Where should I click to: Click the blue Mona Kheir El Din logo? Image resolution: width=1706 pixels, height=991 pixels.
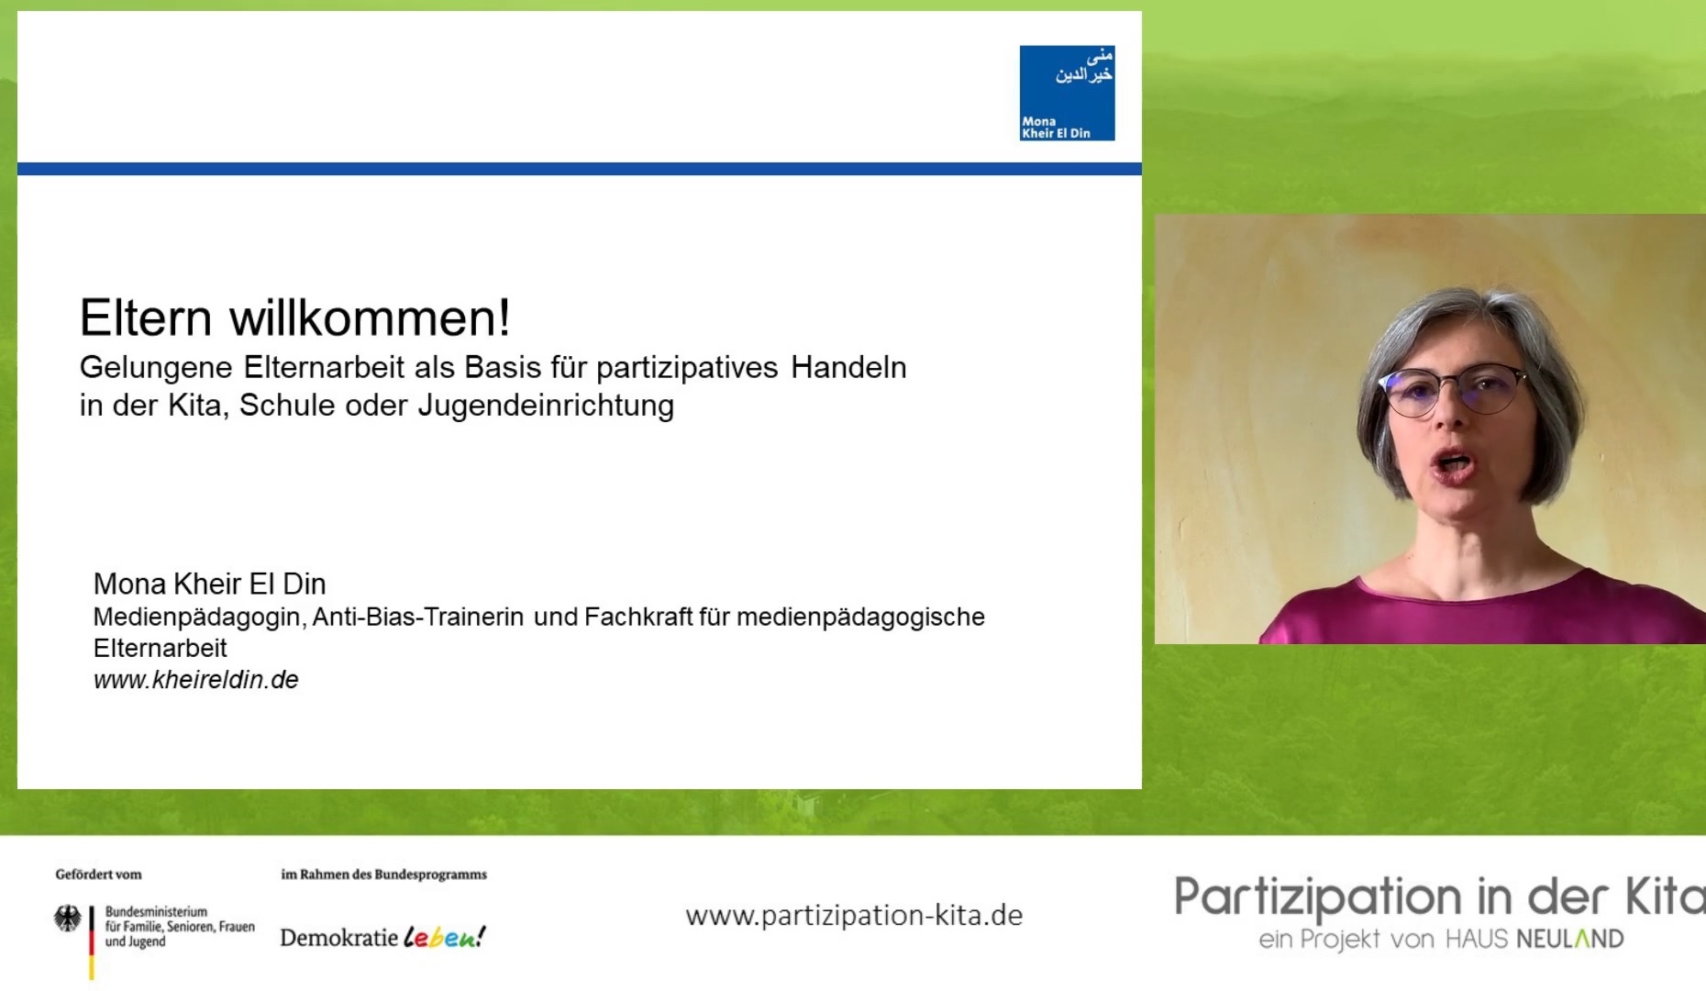(1067, 93)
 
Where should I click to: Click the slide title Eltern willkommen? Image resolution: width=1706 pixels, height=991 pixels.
(294, 317)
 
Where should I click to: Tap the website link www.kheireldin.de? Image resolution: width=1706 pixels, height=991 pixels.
(196, 680)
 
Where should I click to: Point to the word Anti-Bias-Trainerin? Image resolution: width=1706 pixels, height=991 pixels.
(418, 617)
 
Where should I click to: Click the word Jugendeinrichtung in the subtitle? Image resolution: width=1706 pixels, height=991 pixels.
(546, 406)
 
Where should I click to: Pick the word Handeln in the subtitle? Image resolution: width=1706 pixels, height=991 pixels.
(848, 367)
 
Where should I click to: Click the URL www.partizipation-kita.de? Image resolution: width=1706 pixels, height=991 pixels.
(854, 916)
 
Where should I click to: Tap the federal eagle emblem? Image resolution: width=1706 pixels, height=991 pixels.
(67, 919)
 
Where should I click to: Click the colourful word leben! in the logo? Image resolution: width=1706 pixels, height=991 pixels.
(445, 937)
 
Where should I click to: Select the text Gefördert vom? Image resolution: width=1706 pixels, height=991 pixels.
(98, 874)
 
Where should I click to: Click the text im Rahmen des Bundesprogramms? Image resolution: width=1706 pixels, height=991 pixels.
(384, 874)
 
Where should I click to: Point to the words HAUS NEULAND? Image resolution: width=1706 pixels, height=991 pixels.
(1534, 940)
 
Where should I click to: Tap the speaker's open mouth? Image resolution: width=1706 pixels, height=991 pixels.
(1454, 462)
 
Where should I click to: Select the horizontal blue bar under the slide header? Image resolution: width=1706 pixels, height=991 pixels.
(580, 169)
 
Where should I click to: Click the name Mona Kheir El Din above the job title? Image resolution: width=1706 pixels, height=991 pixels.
(210, 584)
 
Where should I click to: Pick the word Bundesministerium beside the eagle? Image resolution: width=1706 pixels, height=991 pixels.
(156, 912)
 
